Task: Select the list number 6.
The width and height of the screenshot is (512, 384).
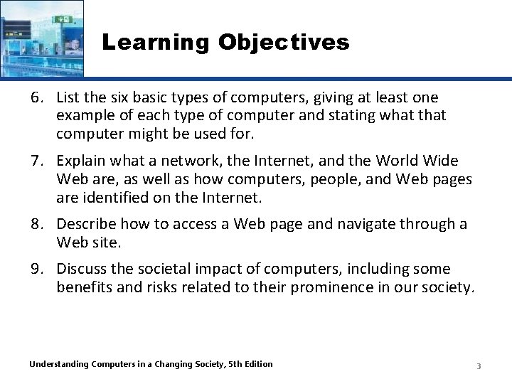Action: click(36, 97)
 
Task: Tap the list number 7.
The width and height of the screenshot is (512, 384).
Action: click(36, 161)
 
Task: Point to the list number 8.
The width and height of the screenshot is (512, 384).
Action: click(36, 225)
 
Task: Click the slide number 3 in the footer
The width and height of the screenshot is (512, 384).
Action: click(479, 366)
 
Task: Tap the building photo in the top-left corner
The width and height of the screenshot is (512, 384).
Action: click(41, 38)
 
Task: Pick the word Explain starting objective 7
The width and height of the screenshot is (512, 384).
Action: click(80, 161)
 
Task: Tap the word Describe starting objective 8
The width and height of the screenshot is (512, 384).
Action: click(85, 225)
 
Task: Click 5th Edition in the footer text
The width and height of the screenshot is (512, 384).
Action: click(248, 364)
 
